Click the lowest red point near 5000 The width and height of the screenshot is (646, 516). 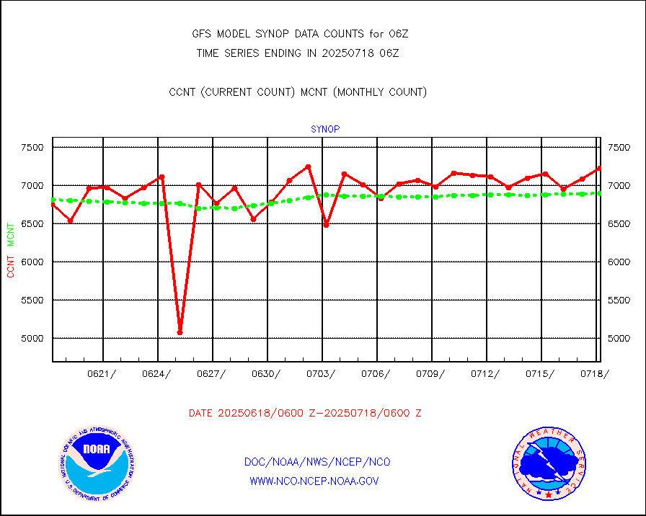tap(180, 332)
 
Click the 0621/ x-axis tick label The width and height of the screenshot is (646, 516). tap(102, 373)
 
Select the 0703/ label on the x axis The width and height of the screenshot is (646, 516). tap(322, 373)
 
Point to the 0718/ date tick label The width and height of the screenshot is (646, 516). tap(595, 373)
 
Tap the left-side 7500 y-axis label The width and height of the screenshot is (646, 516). tap(31, 148)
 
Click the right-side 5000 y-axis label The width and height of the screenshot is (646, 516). tap(619, 338)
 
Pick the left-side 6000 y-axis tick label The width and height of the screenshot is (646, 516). tap(31, 262)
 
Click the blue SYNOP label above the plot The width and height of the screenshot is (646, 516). tap(325, 130)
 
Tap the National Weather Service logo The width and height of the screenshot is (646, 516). tap(549, 464)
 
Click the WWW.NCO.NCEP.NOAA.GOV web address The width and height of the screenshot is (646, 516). tap(314, 481)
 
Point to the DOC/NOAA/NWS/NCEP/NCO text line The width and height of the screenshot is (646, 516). tap(317, 462)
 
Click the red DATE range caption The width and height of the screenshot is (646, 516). tap(305, 414)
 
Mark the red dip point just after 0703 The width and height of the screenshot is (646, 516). tap(326, 225)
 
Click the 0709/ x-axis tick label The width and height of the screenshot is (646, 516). tap(431, 373)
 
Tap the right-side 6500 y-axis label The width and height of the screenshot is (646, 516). tap(619, 224)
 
